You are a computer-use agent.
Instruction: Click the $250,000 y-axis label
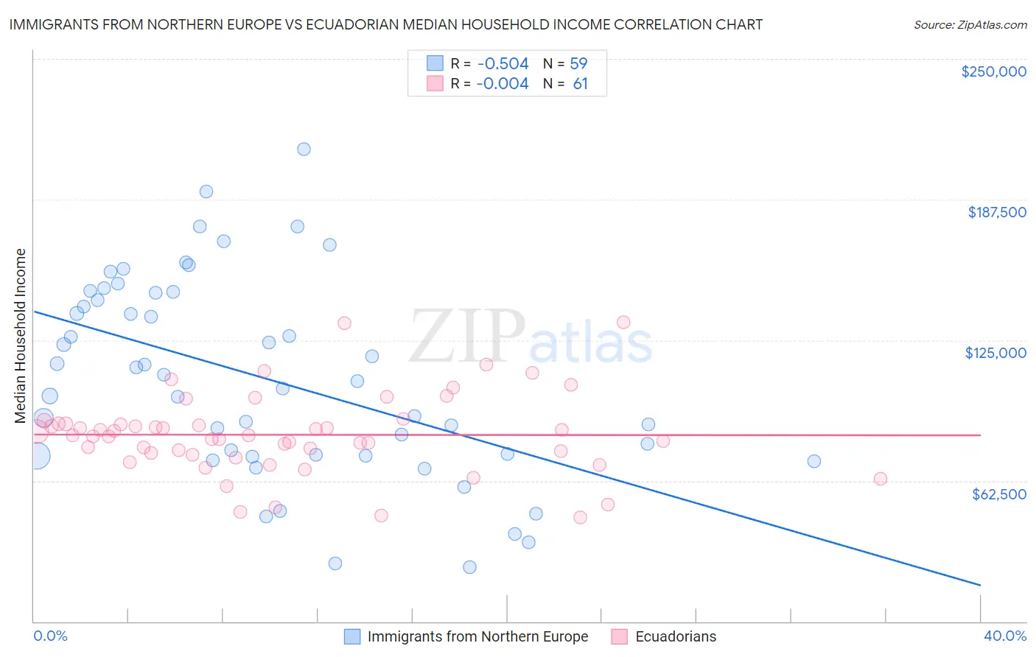pyautogui.click(x=993, y=71)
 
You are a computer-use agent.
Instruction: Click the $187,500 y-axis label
pyautogui.click(x=996, y=212)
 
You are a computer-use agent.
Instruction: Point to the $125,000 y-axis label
pyautogui.click(x=995, y=353)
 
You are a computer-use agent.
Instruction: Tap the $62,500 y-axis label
pyautogui.click(x=998, y=494)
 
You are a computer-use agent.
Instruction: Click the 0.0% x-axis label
pyautogui.click(x=50, y=636)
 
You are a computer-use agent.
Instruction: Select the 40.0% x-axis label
pyautogui.click(x=1004, y=636)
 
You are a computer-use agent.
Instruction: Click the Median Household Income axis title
pyautogui.click(x=21, y=336)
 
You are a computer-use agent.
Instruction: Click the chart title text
pyautogui.click(x=385, y=24)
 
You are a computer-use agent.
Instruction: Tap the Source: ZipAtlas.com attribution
pyautogui.click(x=970, y=24)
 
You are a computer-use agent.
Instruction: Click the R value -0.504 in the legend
pyautogui.click(x=503, y=64)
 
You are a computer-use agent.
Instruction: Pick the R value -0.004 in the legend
pyautogui.click(x=503, y=84)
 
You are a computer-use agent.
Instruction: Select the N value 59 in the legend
pyautogui.click(x=578, y=64)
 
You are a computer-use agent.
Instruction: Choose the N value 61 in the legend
pyautogui.click(x=581, y=84)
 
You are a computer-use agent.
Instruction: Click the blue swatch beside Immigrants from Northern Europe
pyautogui.click(x=352, y=636)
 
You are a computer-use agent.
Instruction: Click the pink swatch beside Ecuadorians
pyautogui.click(x=619, y=636)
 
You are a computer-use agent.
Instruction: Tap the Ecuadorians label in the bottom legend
pyautogui.click(x=676, y=636)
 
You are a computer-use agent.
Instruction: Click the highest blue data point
pyautogui.click(x=304, y=149)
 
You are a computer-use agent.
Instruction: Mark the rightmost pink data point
pyautogui.click(x=880, y=479)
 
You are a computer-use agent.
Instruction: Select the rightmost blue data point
pyautogui.click(x=813, y=461)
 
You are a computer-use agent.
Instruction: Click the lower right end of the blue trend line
pyautogui.click(x=980, y=585)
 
